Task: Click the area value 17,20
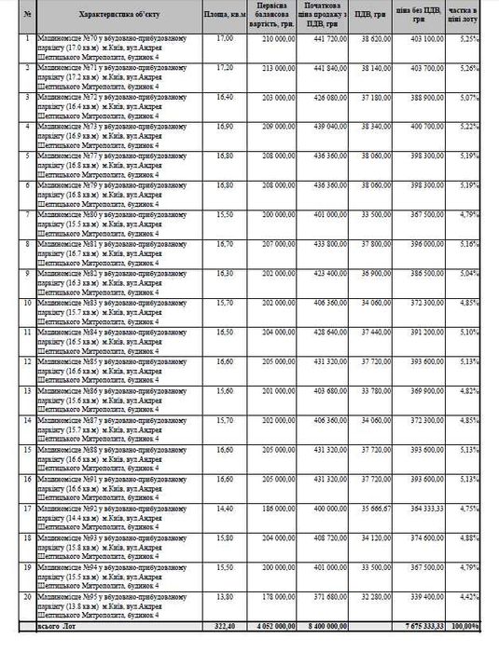[x=225, y=68]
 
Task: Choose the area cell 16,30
[x=225, y=274]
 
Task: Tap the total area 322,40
[x=223, y=626]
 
